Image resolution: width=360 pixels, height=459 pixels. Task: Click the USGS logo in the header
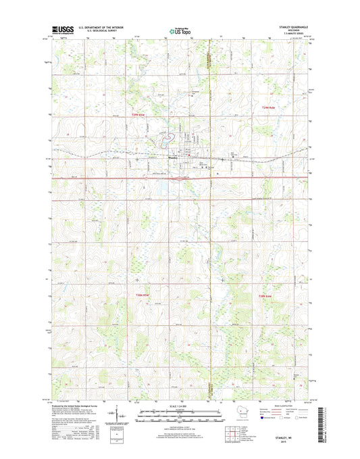pyautogui.click(x=61, y=30)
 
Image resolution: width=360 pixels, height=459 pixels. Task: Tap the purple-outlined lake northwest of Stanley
pyautogui.click(x=164, y=142)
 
